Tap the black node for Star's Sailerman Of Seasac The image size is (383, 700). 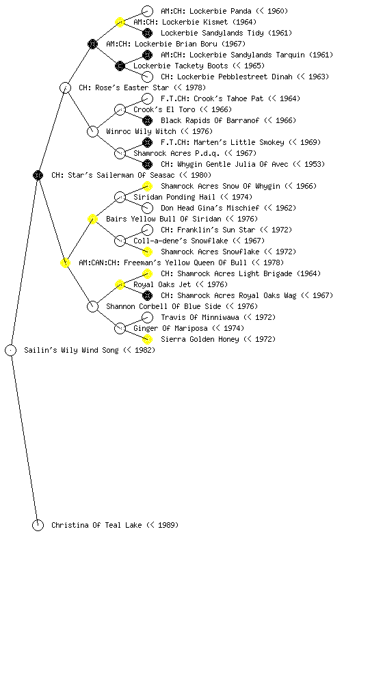coord(38,175)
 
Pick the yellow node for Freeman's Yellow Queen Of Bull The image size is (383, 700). coord(65,262)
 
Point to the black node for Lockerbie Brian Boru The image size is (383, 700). coord(92,44)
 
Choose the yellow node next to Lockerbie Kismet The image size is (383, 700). coord(120,22)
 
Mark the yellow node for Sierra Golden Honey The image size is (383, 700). coord(147,339)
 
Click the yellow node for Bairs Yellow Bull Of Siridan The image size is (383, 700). coord(92,219)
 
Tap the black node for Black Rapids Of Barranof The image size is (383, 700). coord(147,120)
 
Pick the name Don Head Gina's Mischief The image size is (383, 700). coord(210,208)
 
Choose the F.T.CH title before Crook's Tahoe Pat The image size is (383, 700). coord(175,98)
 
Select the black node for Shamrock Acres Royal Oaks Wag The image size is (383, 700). coord(147,295)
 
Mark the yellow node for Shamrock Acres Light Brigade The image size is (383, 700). coord(147,273)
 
